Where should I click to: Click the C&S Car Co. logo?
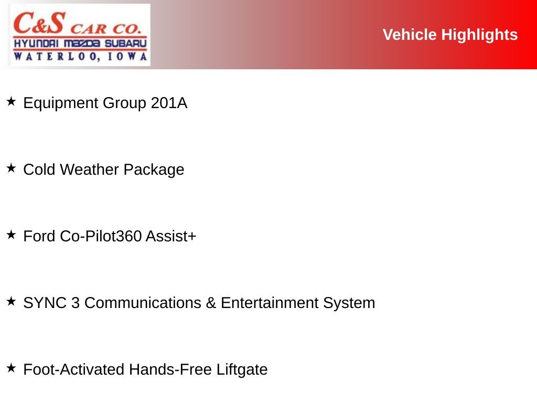pyautogui.click(x=80, y=35)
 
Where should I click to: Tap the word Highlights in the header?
pyautogui.click(x=479, y=35)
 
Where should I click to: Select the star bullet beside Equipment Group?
pyautogui.click(x=12, y=101)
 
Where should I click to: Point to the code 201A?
pyautogui.click(x=169, y=103)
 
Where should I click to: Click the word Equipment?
pyautogui.click(x=61, y=103)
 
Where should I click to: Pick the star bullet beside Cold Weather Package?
pyautogui.click(x=12, y=168)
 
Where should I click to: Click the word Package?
pyautogui.click(x=154, y=170)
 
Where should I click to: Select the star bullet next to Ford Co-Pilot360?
pyautogui.click(x=12, y=235)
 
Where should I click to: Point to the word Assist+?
pyautogui.click(x=171, y=236)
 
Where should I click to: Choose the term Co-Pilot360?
pyautogui.click(x=101, y=236)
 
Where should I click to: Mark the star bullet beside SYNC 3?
pyautogui.click(x=12, y=301)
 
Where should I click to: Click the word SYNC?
pyautogui.click(x=45, y=303)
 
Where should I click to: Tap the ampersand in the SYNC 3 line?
pyautogui.click(x=211, y=303)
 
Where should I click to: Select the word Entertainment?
pyautogui.click(x=270, y=303)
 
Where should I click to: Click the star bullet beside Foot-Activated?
pyautogui.click(x=12, y=368)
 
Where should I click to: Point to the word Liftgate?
pyautogui.click(x=242, y=370)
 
